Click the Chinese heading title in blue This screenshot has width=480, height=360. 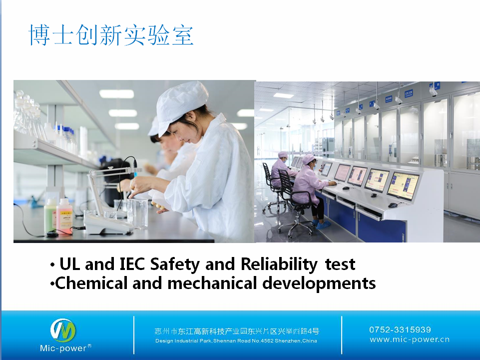(111, 35)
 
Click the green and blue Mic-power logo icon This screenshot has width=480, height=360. (63, 330)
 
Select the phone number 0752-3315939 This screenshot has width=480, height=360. (400, 329)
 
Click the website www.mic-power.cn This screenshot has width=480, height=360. (410, 339)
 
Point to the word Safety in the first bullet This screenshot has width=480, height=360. (175, 264)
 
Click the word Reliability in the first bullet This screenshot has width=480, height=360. (279, 264)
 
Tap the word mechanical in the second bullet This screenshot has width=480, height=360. (212, 283)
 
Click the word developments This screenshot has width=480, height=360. (319, 283)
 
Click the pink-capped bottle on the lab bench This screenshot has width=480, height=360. (64, 215)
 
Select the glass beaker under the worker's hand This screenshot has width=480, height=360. (137, 213)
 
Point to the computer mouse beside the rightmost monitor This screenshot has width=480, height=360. (393, 205)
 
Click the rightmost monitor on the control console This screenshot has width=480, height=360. (403, 185)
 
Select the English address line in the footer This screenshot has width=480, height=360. (236, 340)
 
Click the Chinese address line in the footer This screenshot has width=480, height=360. (237, 331)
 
